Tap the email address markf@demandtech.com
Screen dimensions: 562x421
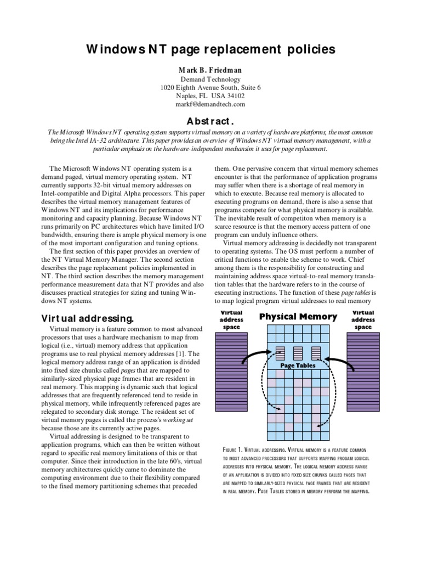point(210,104)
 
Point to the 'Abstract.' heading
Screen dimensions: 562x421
point(210,120)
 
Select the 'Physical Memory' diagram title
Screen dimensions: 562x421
point(298,317)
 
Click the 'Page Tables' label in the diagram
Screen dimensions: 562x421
point(297,364)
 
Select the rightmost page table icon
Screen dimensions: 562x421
point(316,352)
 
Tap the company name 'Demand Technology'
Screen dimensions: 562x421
point(210,79)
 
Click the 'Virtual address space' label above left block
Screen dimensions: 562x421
point(231,319)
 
